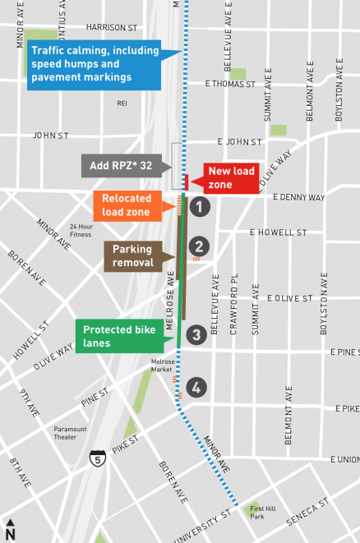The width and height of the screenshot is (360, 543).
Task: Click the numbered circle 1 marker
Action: tap(198, 207)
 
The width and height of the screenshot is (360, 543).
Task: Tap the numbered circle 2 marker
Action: tap(198, 246)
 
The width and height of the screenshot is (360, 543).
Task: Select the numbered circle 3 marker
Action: tap(195, 334)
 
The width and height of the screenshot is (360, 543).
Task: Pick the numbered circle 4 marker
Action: tap(195, 386)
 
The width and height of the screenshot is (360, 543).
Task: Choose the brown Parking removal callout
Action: tap(133, 255)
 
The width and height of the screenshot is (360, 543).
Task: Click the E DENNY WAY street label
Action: tap(299, 198)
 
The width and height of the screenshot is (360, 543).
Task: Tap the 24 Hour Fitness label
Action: tap(81, 230)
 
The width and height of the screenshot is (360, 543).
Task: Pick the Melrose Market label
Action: tap(163, 365)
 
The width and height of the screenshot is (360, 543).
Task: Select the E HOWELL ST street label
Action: tap(279, 232)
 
